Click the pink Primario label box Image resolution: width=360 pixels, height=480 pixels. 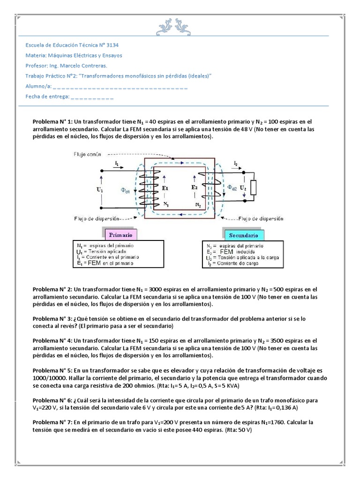point(120,234)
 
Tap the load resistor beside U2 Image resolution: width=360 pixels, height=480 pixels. point(254,187)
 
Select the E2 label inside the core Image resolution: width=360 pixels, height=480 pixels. point(195,187)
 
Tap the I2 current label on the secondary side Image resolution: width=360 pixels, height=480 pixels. point(236,163)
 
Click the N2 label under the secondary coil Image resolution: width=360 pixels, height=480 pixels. point(198,205)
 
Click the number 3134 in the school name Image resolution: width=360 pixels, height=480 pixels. point(110,45)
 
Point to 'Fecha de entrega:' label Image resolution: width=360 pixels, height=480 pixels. point(47,97)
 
